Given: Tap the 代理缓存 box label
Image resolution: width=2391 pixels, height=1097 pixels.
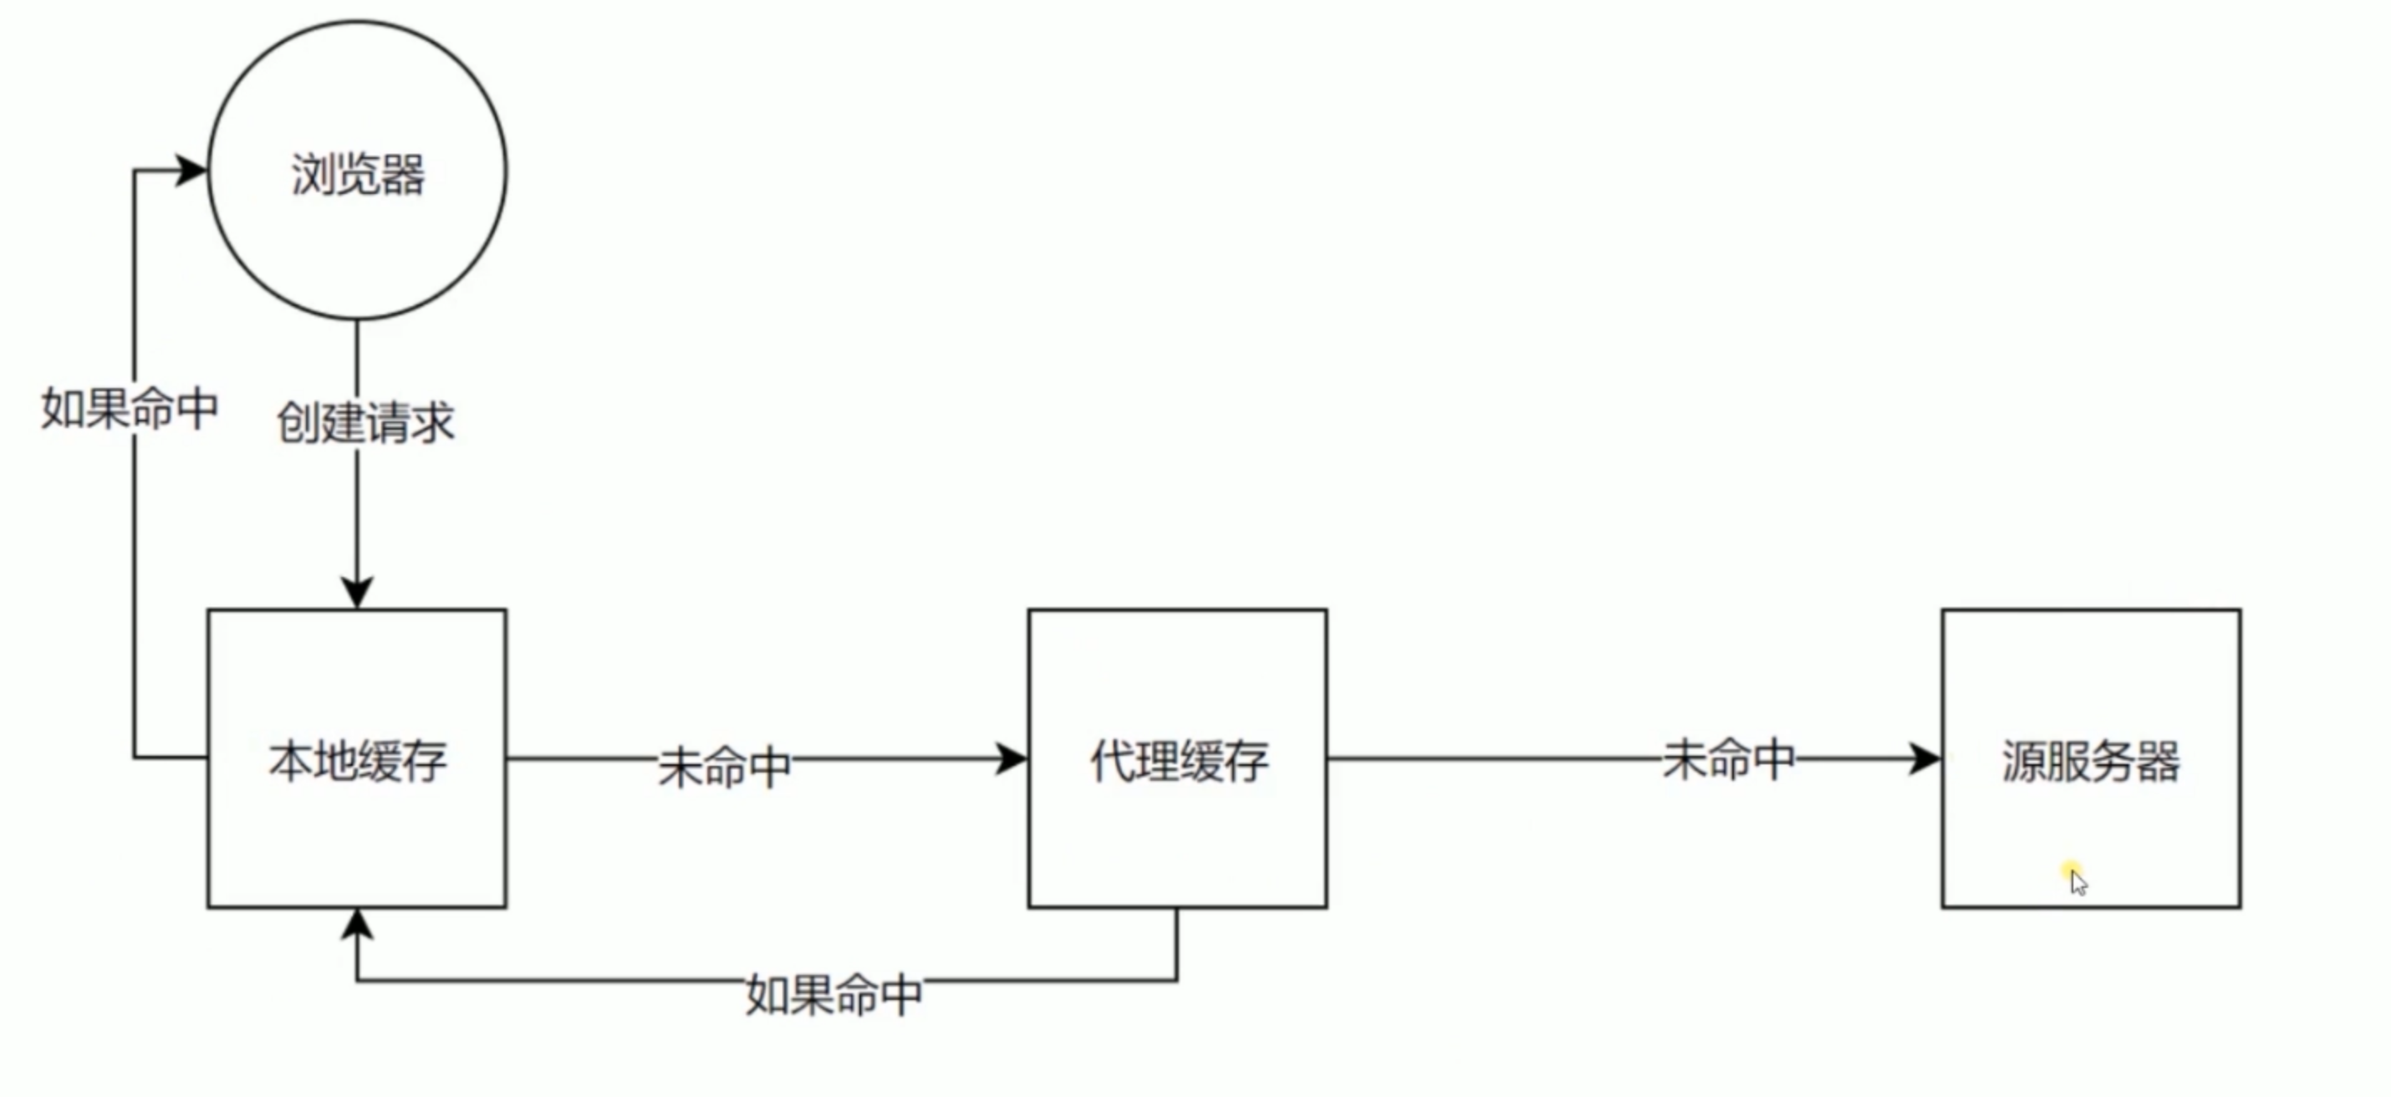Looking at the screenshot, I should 1179,761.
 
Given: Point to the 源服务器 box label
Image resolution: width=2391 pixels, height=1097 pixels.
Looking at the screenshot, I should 2090,761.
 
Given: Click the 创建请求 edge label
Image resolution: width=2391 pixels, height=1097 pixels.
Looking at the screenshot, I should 365,422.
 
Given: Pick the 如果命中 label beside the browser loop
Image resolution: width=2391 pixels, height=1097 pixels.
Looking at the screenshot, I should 130,408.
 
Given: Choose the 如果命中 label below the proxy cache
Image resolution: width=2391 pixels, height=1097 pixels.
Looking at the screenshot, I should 834,995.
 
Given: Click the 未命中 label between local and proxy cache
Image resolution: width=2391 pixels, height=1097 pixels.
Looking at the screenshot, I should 724,767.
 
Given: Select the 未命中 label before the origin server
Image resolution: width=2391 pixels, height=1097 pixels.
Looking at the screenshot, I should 1728,759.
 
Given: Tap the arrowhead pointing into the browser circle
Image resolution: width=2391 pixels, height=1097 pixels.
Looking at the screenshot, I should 193,170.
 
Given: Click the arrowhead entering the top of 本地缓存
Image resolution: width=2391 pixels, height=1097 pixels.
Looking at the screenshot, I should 357,592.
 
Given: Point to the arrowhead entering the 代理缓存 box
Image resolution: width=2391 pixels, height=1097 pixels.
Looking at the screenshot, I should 1012,759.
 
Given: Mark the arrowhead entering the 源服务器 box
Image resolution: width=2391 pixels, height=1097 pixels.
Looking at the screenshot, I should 1925,759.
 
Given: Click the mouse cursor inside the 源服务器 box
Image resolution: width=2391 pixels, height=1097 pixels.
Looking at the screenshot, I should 2077,880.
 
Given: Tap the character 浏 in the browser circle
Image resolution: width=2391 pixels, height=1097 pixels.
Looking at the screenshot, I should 313,175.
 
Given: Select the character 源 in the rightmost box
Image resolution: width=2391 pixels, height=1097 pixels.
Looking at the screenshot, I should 2023,761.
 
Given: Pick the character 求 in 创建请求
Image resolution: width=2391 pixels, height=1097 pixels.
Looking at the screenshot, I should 432,422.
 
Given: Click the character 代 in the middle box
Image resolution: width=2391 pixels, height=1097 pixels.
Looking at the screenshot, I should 1111,761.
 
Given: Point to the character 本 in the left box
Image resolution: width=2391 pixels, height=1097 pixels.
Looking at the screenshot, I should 291,761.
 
